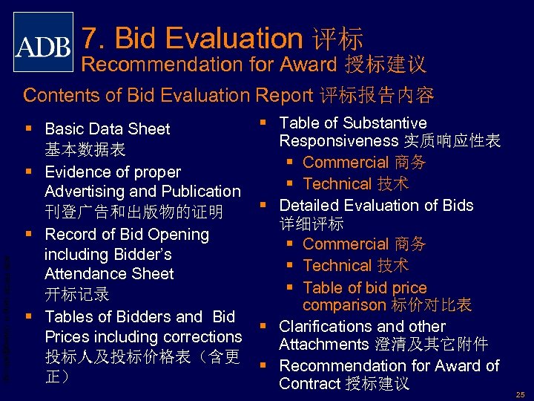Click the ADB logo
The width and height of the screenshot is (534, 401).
pyautogui.click(x=44, y=42)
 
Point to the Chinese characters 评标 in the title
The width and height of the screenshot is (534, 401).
pyautogui.click(x=338, y=39)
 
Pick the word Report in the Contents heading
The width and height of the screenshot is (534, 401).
pyautogui.click(x=284, y=95)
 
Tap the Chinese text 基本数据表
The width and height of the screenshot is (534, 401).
pyautogui.click(x=85, y=150)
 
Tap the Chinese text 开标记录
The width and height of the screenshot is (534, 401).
pyautogui.click(x=77, y=293)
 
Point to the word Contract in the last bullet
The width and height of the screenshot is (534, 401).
pyautogui.click(x=309, y=384)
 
